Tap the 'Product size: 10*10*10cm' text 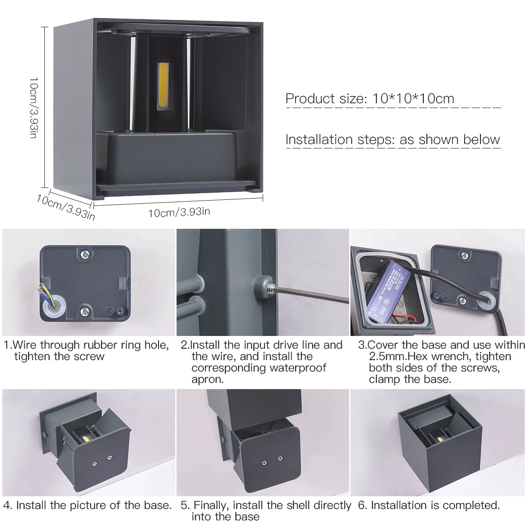tap(370, 98)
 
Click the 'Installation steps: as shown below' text tap(393, 140)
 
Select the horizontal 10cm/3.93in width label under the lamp tap(179, 212)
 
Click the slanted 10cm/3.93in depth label tap(66, 206)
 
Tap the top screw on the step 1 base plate tap(83, 253)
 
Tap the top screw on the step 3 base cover tap(464, 253)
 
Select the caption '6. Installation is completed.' tap(429, 505)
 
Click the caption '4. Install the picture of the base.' tap(87, 505)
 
